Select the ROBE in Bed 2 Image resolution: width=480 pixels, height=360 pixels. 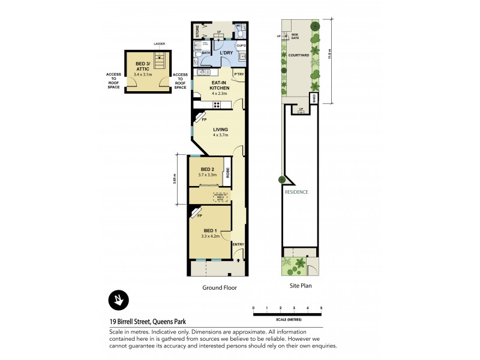pos(228,173)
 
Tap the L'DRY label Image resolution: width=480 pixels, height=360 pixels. pos(226,53)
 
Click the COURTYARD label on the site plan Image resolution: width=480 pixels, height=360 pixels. pos(298,55)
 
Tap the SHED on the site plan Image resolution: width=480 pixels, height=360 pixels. pos(313,99)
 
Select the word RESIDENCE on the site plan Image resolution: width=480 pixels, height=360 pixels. pos(296,192)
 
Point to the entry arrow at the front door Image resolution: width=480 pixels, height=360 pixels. pos(238,261)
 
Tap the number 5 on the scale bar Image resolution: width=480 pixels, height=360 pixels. pos(322,308)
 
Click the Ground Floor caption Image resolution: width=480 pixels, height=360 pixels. pos(219,287)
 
